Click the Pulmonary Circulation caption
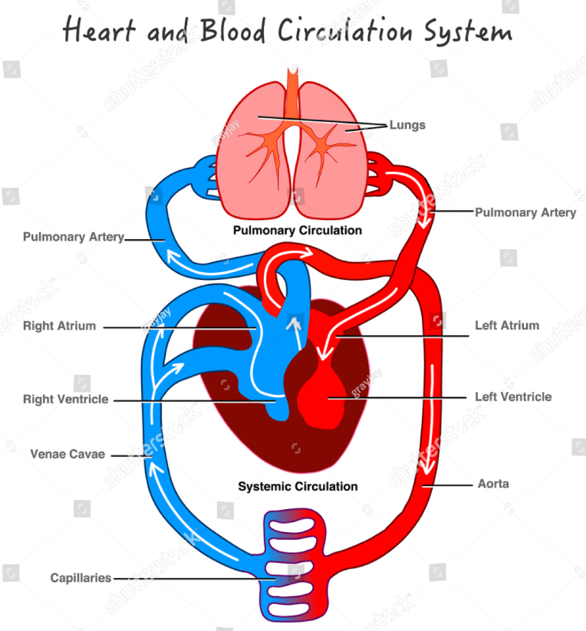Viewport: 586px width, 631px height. pos(298,230)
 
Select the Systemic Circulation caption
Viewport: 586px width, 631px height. pos(298,486)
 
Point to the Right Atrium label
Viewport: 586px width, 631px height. pos(59,326)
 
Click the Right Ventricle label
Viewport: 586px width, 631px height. pos(65,399)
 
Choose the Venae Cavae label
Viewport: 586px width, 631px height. pos(67,454)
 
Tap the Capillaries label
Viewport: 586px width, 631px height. pos(81,578)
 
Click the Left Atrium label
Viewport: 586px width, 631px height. pos(506,325)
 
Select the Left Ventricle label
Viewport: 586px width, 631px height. pos(512,397)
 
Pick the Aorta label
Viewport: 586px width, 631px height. pos(493,484)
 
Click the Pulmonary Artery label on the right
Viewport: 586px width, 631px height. pos(525,212)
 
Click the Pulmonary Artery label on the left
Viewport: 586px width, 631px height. pos(73,237)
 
